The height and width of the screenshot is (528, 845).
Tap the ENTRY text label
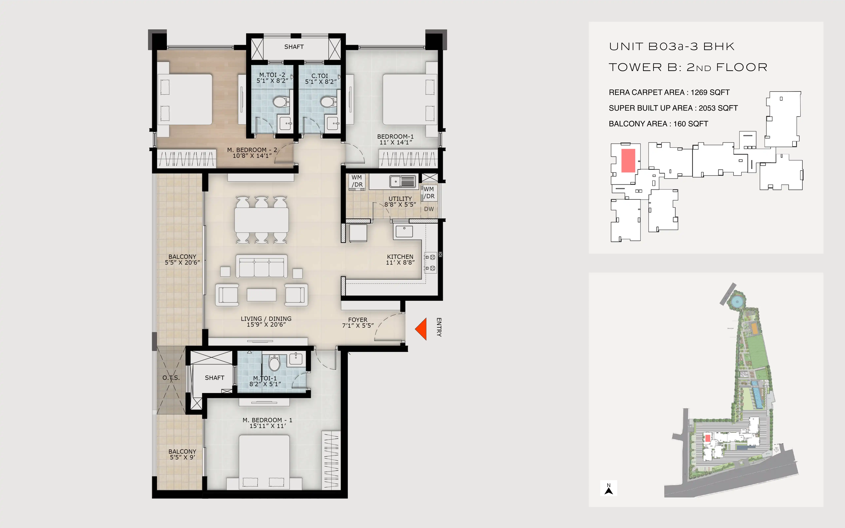click(x=439, y=327)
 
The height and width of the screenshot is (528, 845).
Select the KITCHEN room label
click(x=400, y=257)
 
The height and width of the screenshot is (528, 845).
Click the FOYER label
click(x=357, y=320)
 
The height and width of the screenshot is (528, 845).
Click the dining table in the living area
click(x=262, y=220)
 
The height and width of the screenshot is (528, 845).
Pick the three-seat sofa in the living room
click(x=262, y=266)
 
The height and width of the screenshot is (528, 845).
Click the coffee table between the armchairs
click(x=262, y=295)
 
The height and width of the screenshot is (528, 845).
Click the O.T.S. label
click(x=171, y=378)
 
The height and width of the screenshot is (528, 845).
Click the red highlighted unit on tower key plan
click(x=628, y=161)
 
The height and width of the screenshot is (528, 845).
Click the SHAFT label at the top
click(x=294, y=47)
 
